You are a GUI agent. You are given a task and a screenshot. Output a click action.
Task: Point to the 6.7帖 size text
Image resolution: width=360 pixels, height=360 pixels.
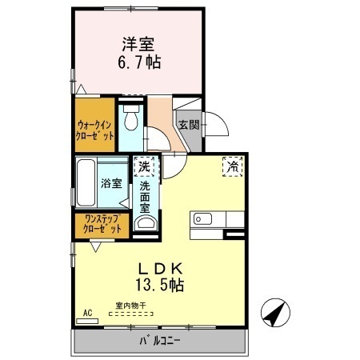coord(137,63)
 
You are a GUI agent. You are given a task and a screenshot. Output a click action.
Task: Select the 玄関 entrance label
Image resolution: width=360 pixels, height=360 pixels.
coord(189,124)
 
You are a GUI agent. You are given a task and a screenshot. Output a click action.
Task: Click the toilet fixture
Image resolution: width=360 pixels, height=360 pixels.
coord(131,121)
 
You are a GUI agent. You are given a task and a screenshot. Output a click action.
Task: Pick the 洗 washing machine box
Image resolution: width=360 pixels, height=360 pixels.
coord(144,168)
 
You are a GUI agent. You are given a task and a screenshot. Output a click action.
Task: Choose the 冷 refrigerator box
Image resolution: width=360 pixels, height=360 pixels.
coord(233,166)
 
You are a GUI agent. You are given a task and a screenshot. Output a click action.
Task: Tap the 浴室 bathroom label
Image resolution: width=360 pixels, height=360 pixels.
coord(111,183)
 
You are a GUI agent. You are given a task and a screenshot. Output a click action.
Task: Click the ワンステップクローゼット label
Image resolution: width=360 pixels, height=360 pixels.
coord(99,225)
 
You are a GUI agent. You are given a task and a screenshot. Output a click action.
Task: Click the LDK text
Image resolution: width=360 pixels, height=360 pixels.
coord(165,268)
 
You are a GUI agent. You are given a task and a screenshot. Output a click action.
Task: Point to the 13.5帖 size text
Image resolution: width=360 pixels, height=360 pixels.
coord(165,285)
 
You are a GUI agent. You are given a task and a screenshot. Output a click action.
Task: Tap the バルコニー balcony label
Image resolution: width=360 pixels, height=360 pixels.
coord(159,342)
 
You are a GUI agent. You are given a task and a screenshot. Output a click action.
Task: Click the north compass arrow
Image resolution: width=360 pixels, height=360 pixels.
coord(274,312)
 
